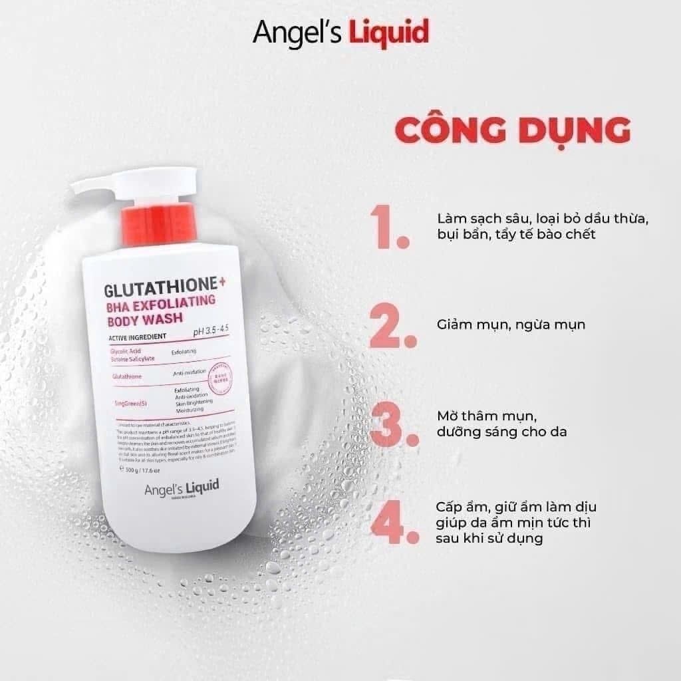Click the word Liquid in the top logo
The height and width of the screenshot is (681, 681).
[389, 32]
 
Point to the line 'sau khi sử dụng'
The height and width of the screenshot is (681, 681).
[489, 538]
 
